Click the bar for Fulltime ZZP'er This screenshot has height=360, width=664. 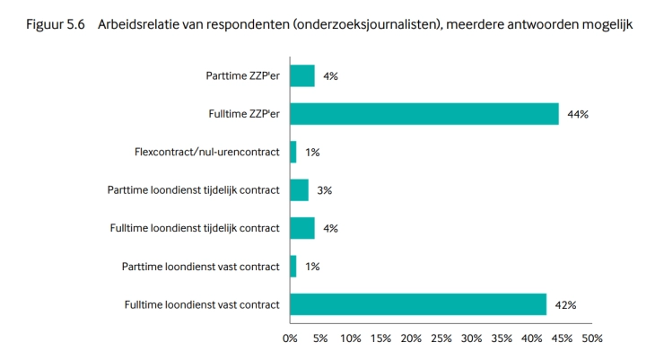click(x=424, y=114)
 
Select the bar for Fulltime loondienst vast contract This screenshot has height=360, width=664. click(x=418, y=305)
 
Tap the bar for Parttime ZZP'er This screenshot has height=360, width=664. click(x=301, y=76)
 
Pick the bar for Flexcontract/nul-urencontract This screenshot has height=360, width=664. click(x=293, y=153)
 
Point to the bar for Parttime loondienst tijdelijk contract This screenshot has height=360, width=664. click(x=299, y=190)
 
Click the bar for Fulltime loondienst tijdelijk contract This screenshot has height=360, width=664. click(x=301, y=228)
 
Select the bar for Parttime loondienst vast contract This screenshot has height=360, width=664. click(x=293, y=267)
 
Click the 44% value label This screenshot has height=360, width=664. click(x=578, y=114)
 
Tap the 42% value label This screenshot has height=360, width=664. click(x=565, y=305)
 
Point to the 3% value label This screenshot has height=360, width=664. click(x=325, y=190)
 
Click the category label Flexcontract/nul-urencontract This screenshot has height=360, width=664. click(x=202, y=153)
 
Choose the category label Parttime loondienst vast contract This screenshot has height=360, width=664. click(x=200, y=267)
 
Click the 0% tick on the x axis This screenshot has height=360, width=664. click(x=290, y=338)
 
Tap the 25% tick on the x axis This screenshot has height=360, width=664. click(x=441, y=338)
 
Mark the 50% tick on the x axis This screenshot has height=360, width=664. click(x=591, y=338)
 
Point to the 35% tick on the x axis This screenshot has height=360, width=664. click(x=501, y=338)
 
